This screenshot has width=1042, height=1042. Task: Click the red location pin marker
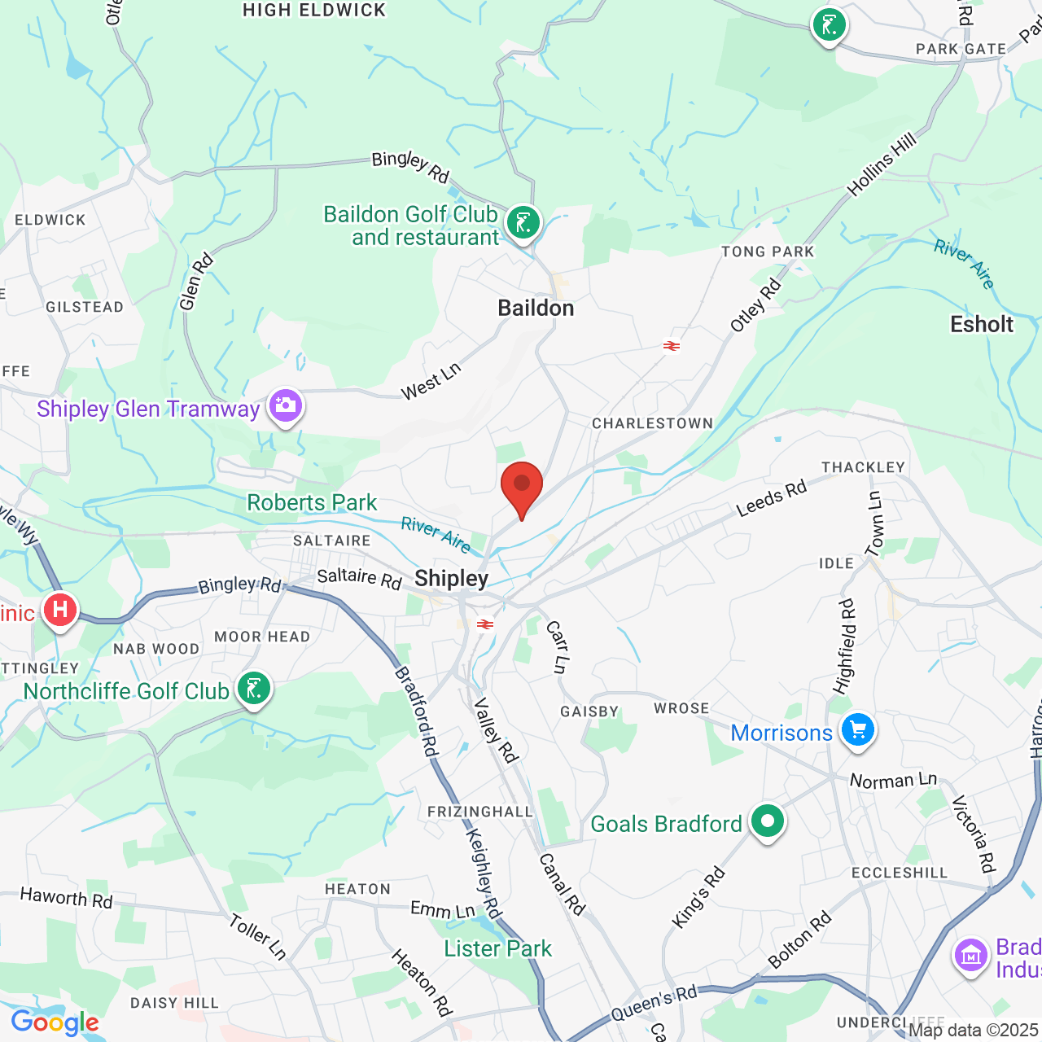[522, 485]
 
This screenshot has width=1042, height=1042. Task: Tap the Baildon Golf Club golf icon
[523, 222]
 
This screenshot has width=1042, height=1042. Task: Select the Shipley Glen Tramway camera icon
[286, 405]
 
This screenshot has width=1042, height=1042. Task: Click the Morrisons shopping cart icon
[858, 729]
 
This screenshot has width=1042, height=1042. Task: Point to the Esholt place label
[982, 324]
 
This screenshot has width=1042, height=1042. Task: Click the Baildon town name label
[536, 308]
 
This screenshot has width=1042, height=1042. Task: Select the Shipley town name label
[452, 578]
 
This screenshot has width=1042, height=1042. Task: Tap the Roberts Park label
[312, 502]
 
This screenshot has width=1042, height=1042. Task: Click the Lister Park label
[498, 948]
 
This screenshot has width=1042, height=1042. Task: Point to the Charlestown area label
[652, 423]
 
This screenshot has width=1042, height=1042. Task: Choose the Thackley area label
[863, 467]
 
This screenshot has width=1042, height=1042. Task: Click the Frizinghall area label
[480, 812]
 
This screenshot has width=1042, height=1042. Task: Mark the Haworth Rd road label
[66, 898]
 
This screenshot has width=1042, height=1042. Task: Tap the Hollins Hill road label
[882, 164]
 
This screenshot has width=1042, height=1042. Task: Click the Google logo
[55, 1022]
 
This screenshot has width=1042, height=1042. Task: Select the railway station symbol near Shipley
[485, 624]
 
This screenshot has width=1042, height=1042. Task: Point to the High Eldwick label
[314, 11]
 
